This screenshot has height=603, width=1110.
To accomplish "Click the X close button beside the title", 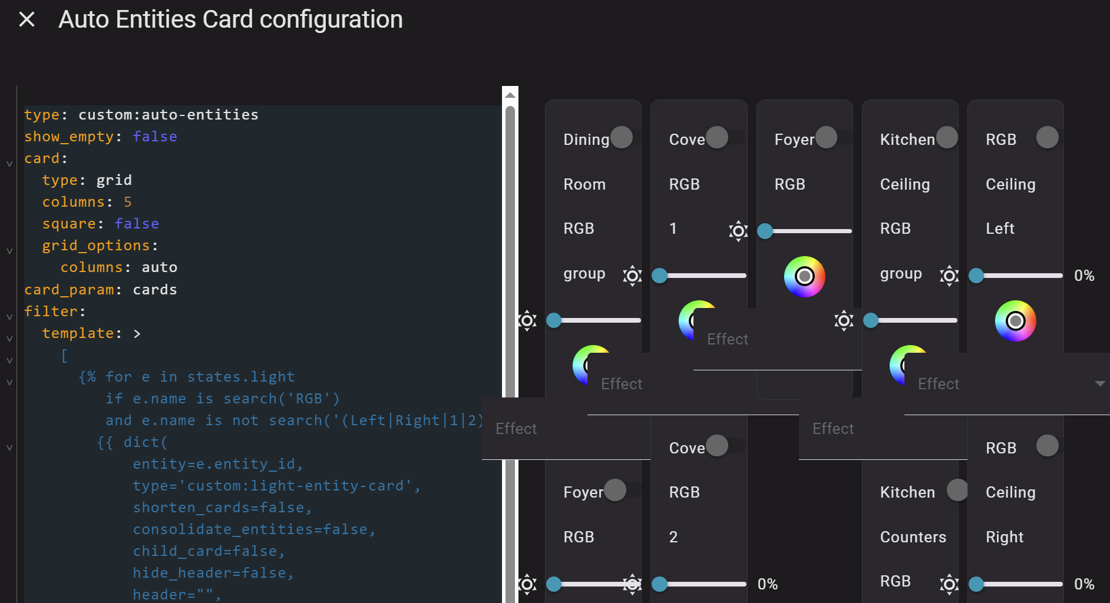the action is [x=27, y=19].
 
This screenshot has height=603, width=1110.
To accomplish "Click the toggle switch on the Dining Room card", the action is [x=622, y=137].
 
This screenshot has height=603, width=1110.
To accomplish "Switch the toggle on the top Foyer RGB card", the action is [x=827, y=137].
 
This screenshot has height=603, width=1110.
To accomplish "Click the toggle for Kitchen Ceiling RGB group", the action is [x=947, y=137].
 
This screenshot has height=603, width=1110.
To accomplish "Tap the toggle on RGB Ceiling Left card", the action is [x=1048, y=137].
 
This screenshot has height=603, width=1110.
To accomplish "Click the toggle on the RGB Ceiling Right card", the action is [x=1048, y=446].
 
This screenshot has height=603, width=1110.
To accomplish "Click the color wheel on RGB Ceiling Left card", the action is [x=1015, y=321].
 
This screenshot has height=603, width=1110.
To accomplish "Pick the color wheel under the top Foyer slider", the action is [x=804, y=276].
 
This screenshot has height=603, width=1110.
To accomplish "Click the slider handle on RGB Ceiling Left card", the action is [x=976, y=276].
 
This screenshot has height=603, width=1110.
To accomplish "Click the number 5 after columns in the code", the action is [x=128, y=202].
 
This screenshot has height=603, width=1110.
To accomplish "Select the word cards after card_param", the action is [x=155, y=290].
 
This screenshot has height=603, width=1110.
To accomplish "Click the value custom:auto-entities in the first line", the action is [x=169, y=115].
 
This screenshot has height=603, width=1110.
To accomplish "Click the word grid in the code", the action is [x=114, y=180].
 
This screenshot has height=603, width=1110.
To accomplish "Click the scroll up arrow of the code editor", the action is [x=510, y=95].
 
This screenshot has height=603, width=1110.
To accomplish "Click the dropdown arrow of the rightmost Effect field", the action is [x=1099, y=384].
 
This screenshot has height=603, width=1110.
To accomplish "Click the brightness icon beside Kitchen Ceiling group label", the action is [x=949, y=276].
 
